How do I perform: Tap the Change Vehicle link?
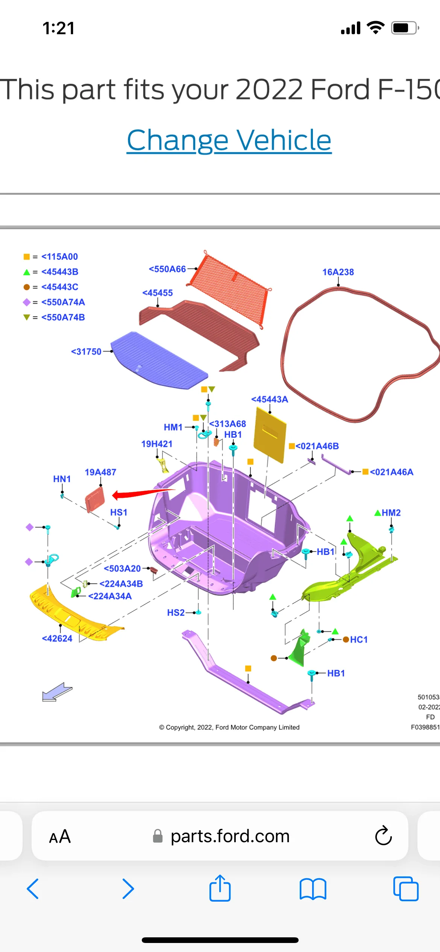click(x=229, y=140)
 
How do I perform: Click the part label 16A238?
click(x=338, y=272)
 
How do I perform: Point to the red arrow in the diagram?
click(x=143, y=493)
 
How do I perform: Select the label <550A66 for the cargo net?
click(x=167, y=269)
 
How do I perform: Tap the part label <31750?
click(x=86, y=352)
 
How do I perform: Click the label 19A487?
click(x=100, y=472)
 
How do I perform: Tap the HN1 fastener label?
click(x=62, y=479)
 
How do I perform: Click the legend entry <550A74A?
click(x=63, y=302)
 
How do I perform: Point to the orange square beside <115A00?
click(x=26, y=257)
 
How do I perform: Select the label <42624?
click(x=57, y=638)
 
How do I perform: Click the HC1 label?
click(x=359, y=640)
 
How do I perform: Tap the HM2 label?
click(x=391, y=513)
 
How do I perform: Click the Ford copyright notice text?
click(x=229, y=727)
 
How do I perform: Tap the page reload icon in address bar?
click(x=383, y=836)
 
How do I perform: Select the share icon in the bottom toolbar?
click(x=220, y=889)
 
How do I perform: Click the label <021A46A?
click(x=391, y=472)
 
